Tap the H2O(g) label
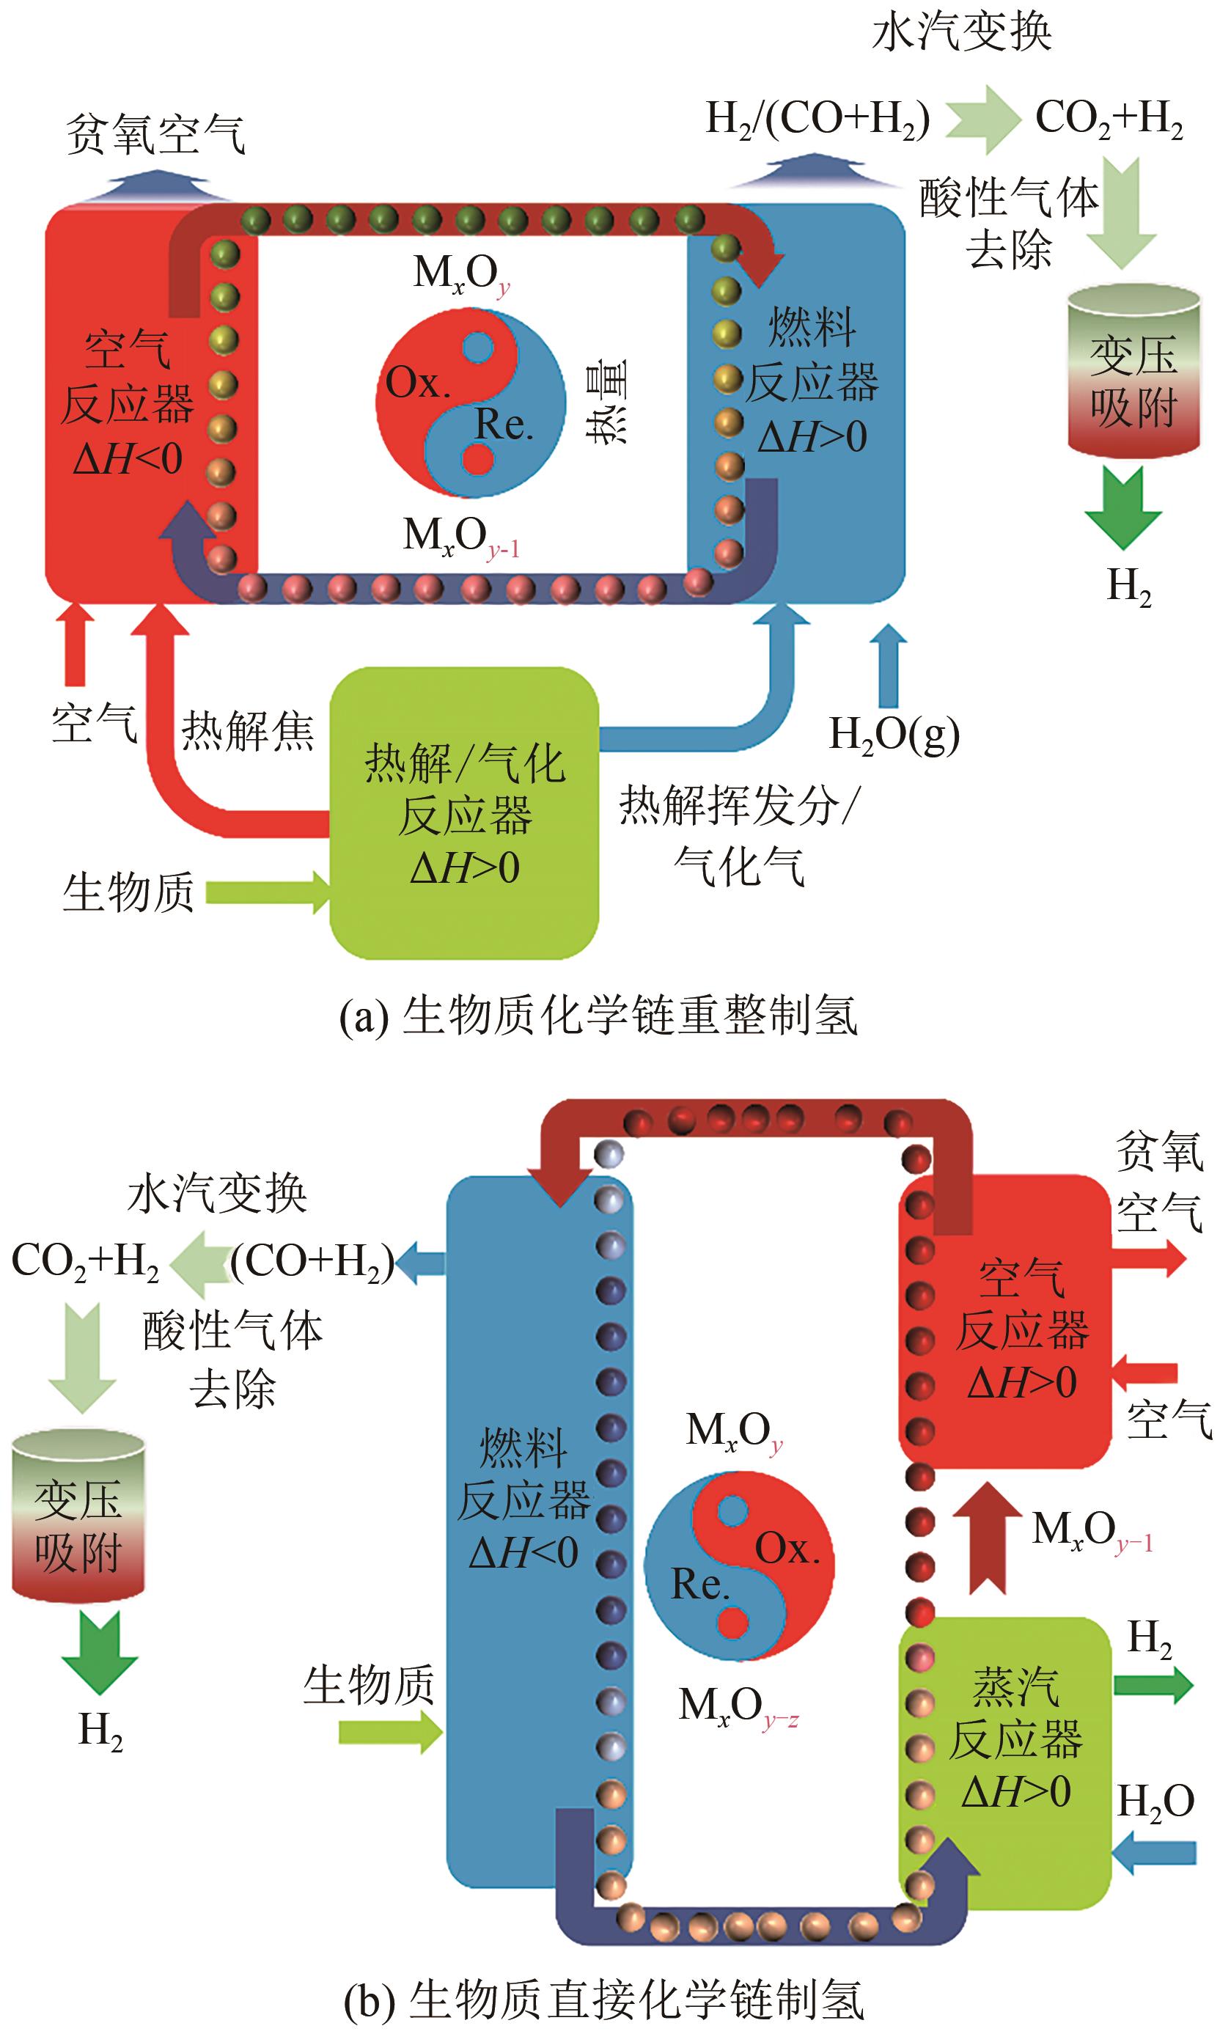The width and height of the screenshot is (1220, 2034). coord(894,733)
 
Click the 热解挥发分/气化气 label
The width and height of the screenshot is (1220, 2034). coord(738,834)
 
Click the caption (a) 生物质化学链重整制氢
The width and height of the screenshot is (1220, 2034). coord(598,1016)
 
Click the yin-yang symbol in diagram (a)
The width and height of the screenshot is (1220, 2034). coord(470,403)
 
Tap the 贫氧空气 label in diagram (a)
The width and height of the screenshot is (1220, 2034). coord(155,134)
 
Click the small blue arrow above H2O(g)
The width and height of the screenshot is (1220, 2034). coord(888,667)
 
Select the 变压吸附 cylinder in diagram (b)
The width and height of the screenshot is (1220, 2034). coord(78,1517)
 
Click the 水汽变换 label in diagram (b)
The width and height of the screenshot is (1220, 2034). coord(217,1193)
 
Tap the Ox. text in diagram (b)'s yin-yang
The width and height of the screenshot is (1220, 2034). coord(787,1549)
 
